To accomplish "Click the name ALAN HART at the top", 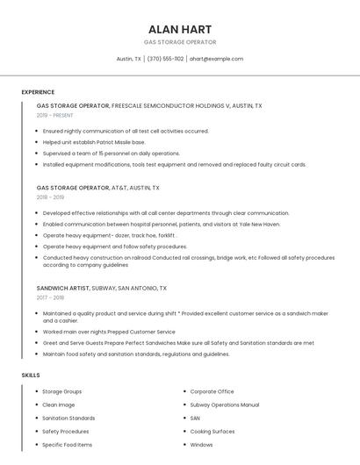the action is coord(180,28).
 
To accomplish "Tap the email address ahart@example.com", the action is coord(216,59).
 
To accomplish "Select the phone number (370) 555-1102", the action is coord(165,59).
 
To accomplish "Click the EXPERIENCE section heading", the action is coord(38,92).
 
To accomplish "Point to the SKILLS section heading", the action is coord(31,375).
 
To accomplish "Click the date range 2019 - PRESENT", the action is coord(56,115).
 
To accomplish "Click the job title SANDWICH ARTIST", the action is coord(63,288).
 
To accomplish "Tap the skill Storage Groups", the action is coord(61,391).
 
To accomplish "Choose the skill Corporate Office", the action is coord(212,391).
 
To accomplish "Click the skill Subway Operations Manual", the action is coord(224,404).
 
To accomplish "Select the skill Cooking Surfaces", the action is coord(212,432).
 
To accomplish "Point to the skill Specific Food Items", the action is coord(67,445).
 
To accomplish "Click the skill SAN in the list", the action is coord(195,418).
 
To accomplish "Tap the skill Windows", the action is coord(202,445).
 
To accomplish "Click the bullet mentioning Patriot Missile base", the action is coord(94,142).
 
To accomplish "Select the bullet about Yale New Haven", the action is coord(162,225).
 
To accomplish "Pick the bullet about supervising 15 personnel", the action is coord(111,153).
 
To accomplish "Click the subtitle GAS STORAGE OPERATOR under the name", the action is coord(180,42).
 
